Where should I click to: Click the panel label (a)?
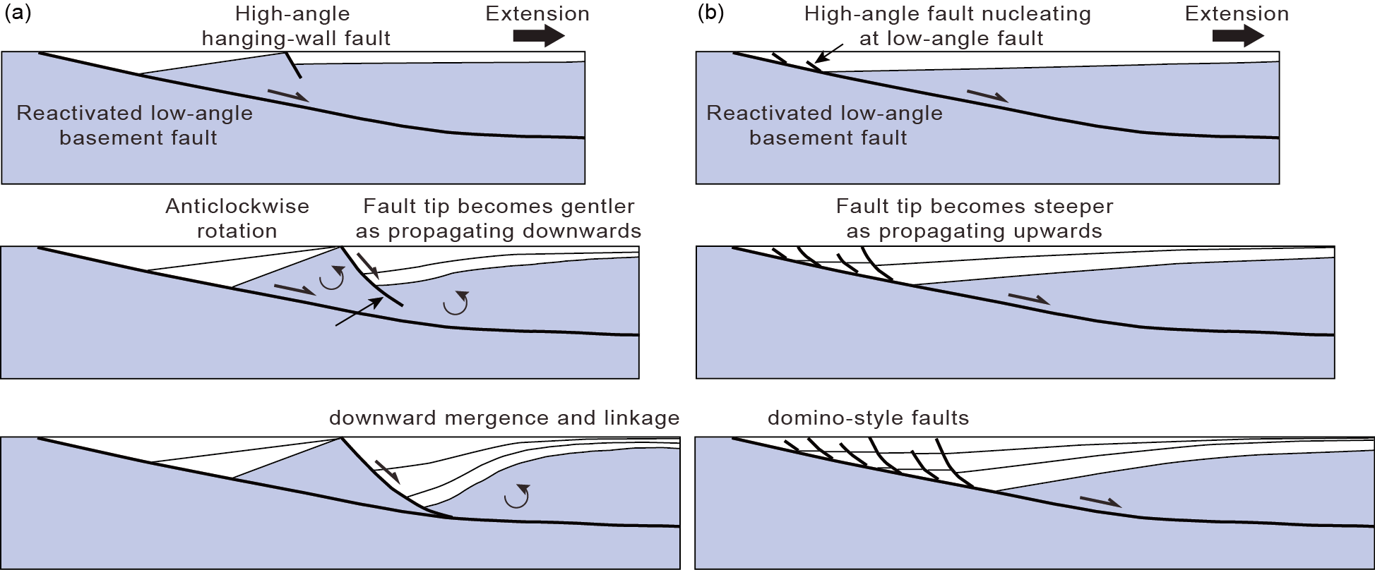[18, 13]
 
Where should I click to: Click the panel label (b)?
[710, 13]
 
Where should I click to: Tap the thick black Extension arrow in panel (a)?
[539, 35]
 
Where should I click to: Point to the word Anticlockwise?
[237, 206]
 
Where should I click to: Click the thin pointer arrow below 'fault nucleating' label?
[829, 54]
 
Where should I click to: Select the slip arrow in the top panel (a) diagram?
[288, 95]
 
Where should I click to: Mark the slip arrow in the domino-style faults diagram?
[1100, 502]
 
